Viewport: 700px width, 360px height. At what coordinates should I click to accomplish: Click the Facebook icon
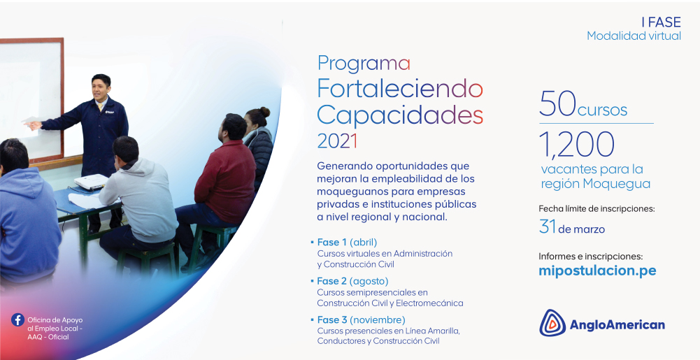(x=18, y=320)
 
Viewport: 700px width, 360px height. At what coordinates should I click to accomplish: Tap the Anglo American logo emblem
(x=552, y=323)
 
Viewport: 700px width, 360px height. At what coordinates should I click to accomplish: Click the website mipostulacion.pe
(x=597, y=271)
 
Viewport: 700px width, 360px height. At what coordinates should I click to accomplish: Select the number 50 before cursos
(x=557, y=103)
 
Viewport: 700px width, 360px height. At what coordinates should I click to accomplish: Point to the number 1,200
(x=577, y=144)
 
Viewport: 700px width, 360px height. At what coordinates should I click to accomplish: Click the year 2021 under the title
(x=337, y=141)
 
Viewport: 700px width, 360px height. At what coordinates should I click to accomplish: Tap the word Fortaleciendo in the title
(x=400, y=89)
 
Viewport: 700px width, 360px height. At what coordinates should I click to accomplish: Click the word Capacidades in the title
(x=400, y=115)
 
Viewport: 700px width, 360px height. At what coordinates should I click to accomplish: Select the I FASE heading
(x=661, y=22)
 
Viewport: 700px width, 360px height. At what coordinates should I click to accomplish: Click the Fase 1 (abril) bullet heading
(x=347, y=243)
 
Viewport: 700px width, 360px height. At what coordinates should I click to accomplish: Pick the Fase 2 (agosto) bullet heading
(x=352, y=281)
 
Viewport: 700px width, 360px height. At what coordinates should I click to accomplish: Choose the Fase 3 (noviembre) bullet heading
(x=361, y=320)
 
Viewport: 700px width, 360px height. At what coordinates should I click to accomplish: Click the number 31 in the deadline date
(x=548, y=226)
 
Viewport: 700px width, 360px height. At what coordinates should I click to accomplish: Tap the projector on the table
(x=91, y=182)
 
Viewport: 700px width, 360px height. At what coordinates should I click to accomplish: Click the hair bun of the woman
(x=264, y=112)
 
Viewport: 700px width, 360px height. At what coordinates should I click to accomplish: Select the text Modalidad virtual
(x=634, y=36)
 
